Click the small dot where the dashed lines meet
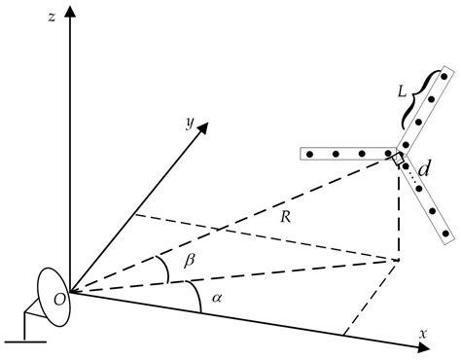tap(399, 261)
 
